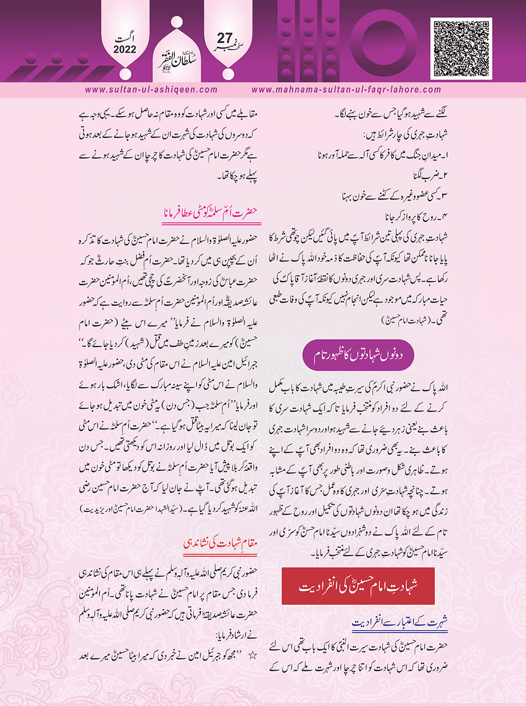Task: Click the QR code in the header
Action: coord(462,48)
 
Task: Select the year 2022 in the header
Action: coord(125,50)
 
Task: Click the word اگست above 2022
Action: coord(126,38)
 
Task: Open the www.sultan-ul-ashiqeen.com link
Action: coord(151,90)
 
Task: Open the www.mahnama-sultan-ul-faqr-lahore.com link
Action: coord(346,90)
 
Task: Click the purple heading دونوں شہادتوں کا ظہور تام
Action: coord(358,355)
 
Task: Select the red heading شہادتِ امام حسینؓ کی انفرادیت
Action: coord(358,586)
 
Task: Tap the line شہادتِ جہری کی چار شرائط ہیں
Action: coord(405,135)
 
